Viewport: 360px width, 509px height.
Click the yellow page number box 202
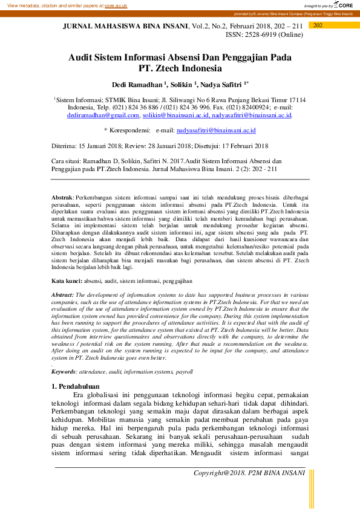coord(318,25)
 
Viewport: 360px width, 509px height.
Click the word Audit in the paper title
coord(83,57)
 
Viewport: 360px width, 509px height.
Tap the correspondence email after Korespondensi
coord(216,130)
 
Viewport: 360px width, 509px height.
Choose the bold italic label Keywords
coord(64,372)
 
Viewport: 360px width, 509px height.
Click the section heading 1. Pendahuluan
coord(75,386)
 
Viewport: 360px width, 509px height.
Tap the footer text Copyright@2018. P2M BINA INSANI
coord(249,472)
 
